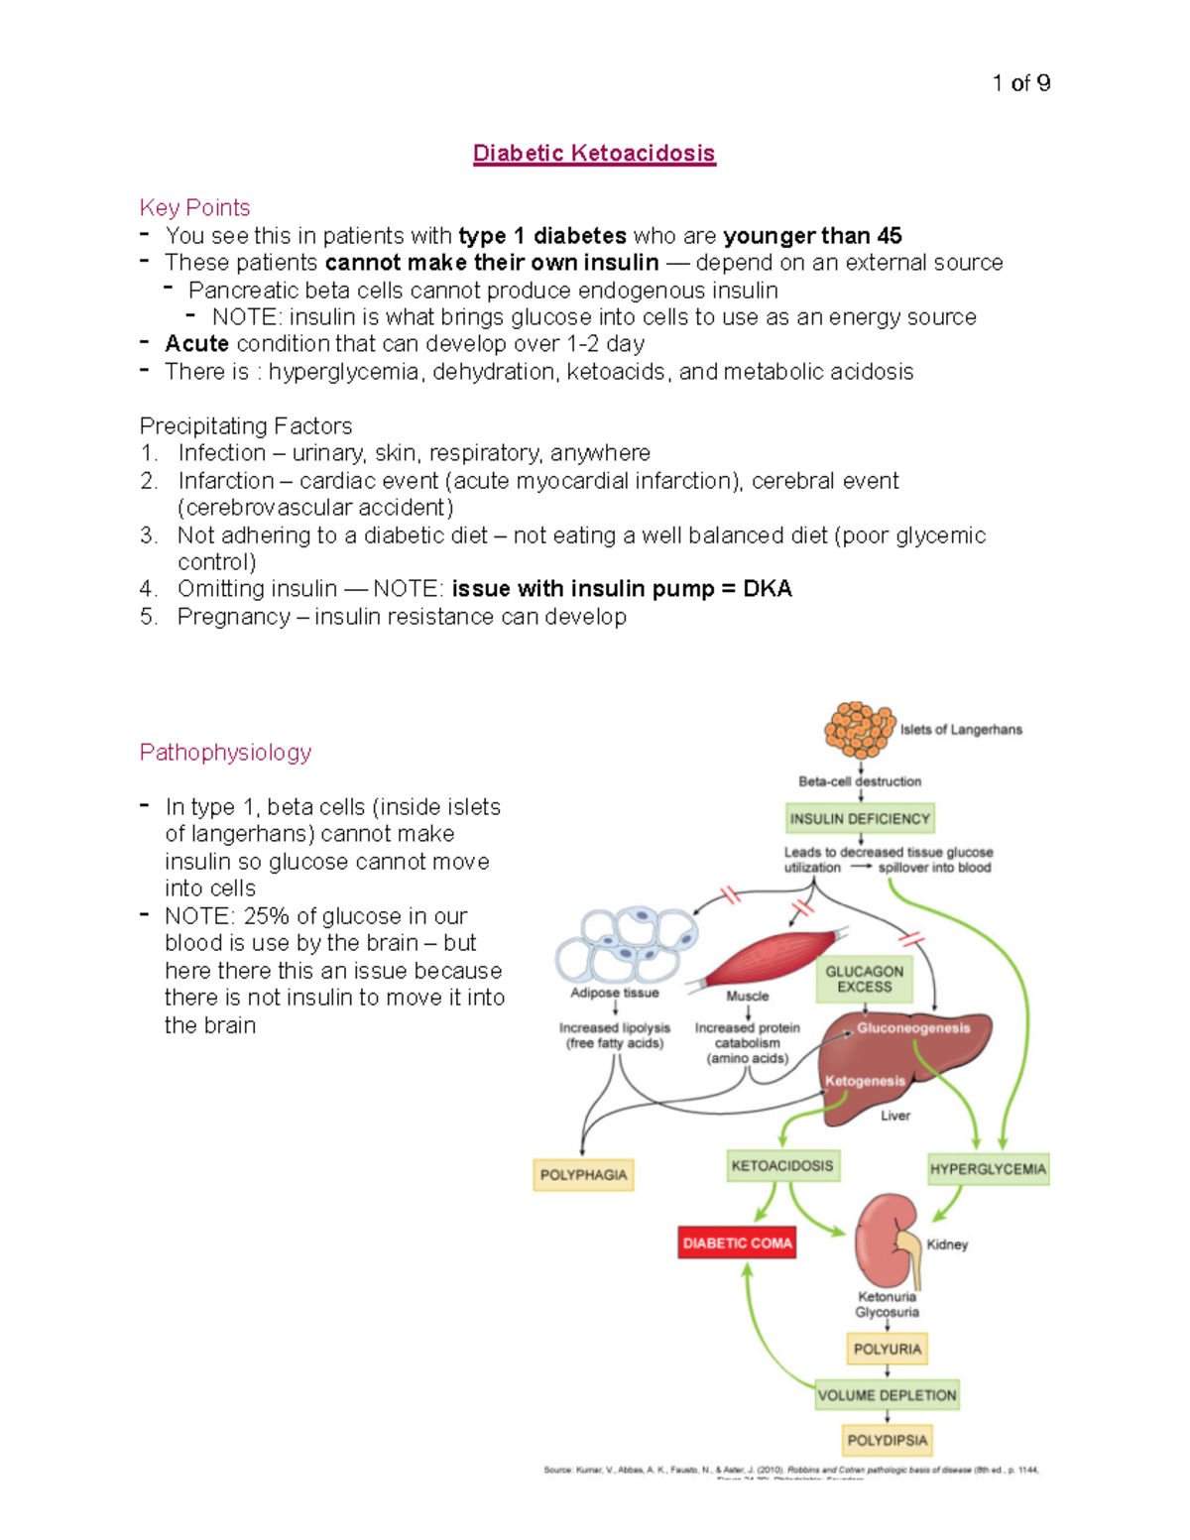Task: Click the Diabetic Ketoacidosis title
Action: tap(594, 154)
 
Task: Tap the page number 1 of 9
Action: tap(1020, 83)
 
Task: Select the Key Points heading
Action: tap(194, 208)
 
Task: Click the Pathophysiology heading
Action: tap(225, 753)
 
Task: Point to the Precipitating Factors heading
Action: tap(245, 426)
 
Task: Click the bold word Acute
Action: tap(196, 344)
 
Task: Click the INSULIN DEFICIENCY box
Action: tap(859, 819)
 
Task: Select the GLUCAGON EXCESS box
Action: tap(864, 980)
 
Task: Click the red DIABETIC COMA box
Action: tap(737, 1244)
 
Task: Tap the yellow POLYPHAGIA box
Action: tap(583, 1175)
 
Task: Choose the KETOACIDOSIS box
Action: tap(782, 1166)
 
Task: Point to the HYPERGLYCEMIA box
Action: tap(988, 1169)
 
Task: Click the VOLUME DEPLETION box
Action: tap(887, 1395)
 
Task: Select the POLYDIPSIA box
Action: tap(887, 1440)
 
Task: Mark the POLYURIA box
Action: tap(887, 1350)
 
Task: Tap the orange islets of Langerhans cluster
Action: tap(859, 729)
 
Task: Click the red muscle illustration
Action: tap(773, 957)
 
